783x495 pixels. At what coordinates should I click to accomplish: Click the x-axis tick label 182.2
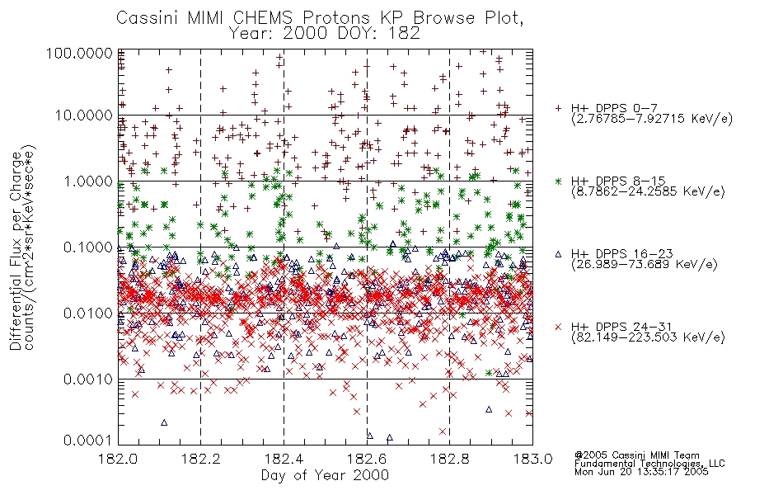pyautogui.click(x=201, y=459)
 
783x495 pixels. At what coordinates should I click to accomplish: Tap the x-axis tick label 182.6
pyautogui.click(x=367, y=459)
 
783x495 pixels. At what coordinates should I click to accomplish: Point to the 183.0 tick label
pyautogui.click(x=532, y=459)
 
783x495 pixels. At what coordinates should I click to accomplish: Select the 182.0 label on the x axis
pyautogui.click(x=118, y=459)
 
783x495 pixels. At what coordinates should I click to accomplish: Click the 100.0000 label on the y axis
pyautogui.click(x=80, y=53)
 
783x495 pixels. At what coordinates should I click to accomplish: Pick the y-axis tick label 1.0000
pyautogui.click(x=88, y=181)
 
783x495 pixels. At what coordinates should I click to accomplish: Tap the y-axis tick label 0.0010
pyautogui.click(x=88, y=379)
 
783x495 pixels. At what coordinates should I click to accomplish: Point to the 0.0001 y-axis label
pyautogui.click(x=88, y=440)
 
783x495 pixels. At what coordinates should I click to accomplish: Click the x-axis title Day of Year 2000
pyautogui.click(x=325, y=475)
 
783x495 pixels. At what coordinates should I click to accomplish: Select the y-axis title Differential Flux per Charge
pyautogui.click(x=16, y=251)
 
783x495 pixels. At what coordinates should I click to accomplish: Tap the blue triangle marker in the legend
pyautogui.click(x=558, y=254)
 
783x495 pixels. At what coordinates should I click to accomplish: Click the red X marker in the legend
pyautogui.click(x=558, y=327)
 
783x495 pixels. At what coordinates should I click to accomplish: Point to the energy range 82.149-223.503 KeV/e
pyautogui.click(x=648, y=337)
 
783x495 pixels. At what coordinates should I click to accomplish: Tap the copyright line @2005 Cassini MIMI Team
pyautogui.click(x=636, y=455)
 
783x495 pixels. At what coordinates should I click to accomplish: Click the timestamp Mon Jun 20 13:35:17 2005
pyautogui.click(x=641, y=472)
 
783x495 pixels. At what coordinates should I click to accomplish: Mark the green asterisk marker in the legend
pyautogui.click(x=558, y=181)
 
